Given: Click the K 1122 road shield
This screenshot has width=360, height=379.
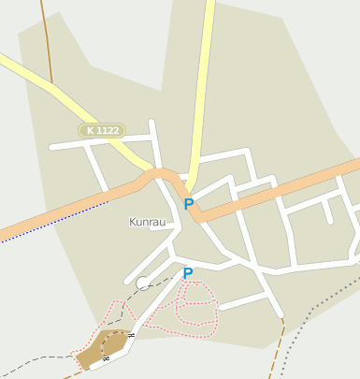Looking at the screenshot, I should [102, 131].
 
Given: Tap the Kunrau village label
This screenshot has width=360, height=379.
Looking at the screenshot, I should [147, 222].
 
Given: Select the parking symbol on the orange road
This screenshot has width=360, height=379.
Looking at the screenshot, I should [189, 203].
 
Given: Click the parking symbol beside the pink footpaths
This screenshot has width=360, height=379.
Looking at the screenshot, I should [188, 273].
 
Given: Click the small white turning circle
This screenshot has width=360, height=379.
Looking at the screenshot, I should [142, 283].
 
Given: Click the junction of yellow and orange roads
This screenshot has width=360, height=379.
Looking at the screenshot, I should [193, 184].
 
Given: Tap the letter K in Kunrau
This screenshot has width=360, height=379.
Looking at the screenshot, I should [132, 222].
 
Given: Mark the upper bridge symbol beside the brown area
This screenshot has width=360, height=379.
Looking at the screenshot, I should [132, 335].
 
